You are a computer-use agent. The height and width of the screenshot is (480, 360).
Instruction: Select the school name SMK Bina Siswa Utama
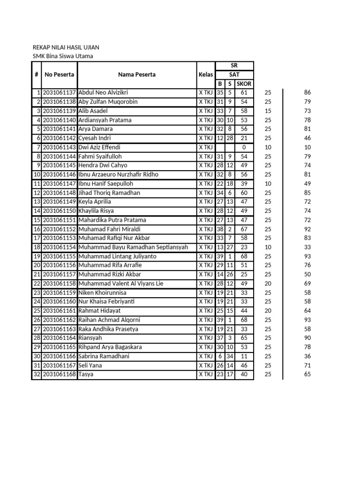click(63, 56)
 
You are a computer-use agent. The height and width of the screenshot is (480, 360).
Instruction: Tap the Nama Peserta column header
click(137, 75)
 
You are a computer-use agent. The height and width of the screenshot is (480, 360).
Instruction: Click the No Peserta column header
click(60, 75)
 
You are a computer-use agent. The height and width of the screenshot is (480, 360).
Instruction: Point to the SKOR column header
click(244, 84)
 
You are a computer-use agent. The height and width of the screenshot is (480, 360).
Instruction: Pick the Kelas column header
click(205, 75)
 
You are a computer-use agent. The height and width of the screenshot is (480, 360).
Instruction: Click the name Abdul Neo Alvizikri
click(103, 93)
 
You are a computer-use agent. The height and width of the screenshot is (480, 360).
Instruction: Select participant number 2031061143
click(60, 147)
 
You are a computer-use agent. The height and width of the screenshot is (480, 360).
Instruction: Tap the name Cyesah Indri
click(96, 138)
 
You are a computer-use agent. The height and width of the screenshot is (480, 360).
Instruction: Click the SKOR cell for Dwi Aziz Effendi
click(244, 147)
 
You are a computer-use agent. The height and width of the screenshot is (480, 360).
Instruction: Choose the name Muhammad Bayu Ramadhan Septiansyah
click(133, 247)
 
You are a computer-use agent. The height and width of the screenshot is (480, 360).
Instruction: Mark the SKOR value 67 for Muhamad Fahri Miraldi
click(244, 229)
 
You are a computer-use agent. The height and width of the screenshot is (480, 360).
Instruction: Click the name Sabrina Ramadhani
click(104, 356)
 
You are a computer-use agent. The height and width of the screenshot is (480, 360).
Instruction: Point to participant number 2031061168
click(60, 375)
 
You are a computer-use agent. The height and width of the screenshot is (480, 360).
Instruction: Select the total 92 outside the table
click(307, 229)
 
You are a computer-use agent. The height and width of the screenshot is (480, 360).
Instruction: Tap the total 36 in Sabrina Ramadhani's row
click(307, 356)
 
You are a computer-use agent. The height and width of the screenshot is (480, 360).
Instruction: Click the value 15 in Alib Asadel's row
click(268, 111)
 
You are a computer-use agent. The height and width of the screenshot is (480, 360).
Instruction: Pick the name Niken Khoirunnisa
click(102, 292)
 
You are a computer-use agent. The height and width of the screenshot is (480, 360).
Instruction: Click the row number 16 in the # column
click(37, 229)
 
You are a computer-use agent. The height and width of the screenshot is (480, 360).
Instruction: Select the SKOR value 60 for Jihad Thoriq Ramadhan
click(244, 193)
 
